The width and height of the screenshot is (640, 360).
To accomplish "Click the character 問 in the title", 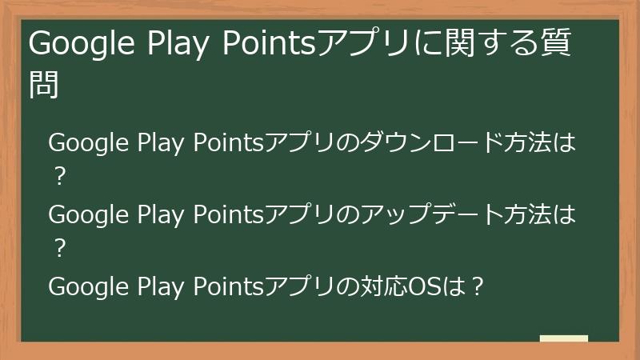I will click(x=45, y=83).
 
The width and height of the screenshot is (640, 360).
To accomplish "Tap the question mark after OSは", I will click(x=477, y=286).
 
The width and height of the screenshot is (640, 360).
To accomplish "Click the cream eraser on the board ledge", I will click(x=564, y=339).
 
